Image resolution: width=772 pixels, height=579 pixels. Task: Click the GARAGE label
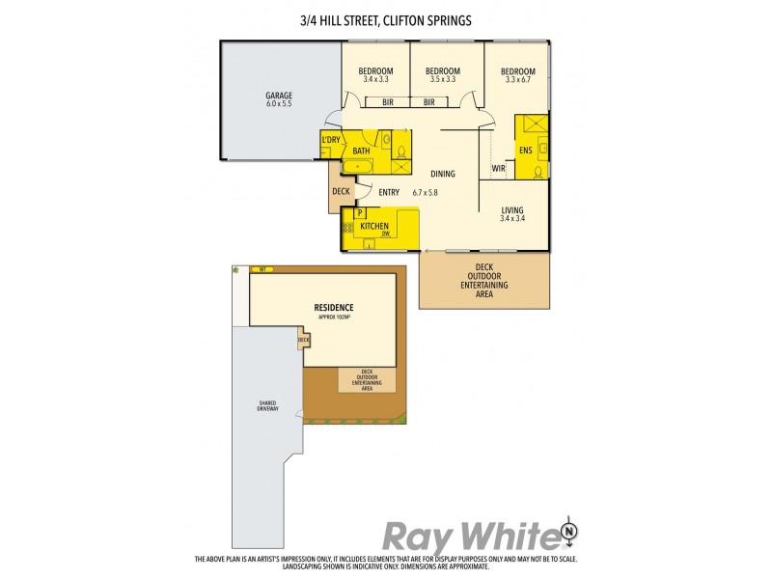point(279,95)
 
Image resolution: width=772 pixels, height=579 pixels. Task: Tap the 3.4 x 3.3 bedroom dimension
point(376,79)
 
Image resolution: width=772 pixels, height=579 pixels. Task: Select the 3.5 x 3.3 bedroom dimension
point(442,79)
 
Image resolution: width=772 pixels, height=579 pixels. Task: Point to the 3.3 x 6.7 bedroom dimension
point(518,79)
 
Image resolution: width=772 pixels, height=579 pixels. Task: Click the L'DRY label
point(331,141)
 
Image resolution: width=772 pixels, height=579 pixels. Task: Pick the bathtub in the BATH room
point(364,166)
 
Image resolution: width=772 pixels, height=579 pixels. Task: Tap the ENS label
point(525,151)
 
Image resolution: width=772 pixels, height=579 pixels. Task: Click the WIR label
point(499,168)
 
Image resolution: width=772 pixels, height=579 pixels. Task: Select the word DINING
point(443,174)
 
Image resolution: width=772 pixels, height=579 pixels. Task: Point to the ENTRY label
point(389,192)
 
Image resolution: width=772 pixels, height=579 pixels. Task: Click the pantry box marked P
point(360,212)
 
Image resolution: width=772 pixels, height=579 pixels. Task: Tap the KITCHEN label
point(374,226)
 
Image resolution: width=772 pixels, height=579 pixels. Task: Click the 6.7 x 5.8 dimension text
point(426,193)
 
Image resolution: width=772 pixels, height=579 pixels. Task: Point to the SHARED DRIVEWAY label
point(268,406)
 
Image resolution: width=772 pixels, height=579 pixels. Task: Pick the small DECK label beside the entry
point(341,191)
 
